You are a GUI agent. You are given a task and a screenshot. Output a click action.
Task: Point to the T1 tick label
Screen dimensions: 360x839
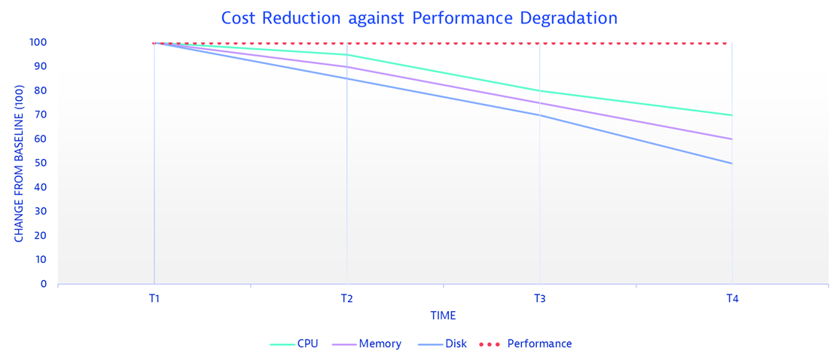(x=154, y=299)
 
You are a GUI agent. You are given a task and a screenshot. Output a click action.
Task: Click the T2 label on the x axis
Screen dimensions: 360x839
(x=346, y=299)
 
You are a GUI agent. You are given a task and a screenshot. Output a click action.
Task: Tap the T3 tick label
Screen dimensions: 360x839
(x=539, y=299)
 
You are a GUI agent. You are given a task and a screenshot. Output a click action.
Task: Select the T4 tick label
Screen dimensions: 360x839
(x=732, y=299)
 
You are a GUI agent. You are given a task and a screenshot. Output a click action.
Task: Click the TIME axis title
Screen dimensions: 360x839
(x=443, y=316)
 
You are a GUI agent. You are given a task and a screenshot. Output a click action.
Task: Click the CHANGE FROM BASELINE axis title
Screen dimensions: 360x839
(x=20, y=163)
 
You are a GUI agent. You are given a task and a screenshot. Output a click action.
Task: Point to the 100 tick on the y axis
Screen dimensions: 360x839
(x=38, y=43)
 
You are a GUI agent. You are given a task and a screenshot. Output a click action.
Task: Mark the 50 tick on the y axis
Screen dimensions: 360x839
(x=41, y=163)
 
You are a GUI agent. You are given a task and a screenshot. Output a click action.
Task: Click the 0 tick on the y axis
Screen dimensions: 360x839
(x=44, y=284)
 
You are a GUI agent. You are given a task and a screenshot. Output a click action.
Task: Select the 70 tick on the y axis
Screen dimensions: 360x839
(x=41, y=115)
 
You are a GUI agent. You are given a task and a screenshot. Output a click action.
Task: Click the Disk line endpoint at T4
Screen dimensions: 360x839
(x=732, y=163)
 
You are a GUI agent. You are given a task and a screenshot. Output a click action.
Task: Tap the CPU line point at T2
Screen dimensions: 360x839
(x=346, y=55)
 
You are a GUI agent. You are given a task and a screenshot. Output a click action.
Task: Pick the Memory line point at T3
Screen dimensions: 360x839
(x=539, y=103)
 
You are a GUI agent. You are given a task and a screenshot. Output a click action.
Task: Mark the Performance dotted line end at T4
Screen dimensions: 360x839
(x=726, y=43)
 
